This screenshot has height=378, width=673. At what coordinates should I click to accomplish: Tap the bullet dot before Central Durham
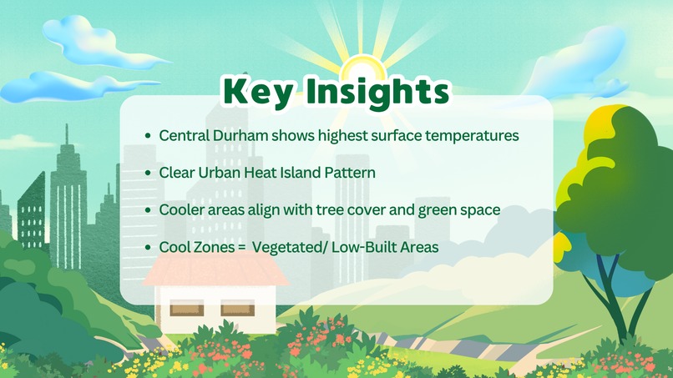click(148, 135)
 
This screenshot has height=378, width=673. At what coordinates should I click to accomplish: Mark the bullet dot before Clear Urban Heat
click(148, 174)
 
